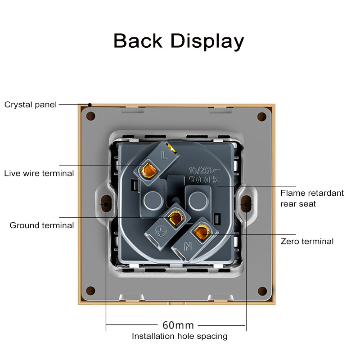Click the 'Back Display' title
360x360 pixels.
(x=179, y=40)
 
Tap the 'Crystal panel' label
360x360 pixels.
(x=31, y=105)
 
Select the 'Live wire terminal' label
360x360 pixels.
(x=39, y=173)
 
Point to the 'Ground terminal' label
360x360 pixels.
(x=42, y=225)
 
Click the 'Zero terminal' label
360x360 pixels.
(x=307, y=241)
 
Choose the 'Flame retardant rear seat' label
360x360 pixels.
(x=312, y=198)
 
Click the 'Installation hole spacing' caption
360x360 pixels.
(x=179, y=336)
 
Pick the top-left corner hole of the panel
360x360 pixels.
(x=90, y=117)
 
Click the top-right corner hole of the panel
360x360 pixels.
(x=261, y=117)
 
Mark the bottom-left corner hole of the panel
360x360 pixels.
(x=90, y=290)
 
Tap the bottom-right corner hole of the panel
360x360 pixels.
(x=261, y=290)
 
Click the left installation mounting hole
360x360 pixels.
(x=106, y=203)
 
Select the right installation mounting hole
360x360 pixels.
(x=246, y=204)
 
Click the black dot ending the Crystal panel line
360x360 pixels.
(x=90, y=105)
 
